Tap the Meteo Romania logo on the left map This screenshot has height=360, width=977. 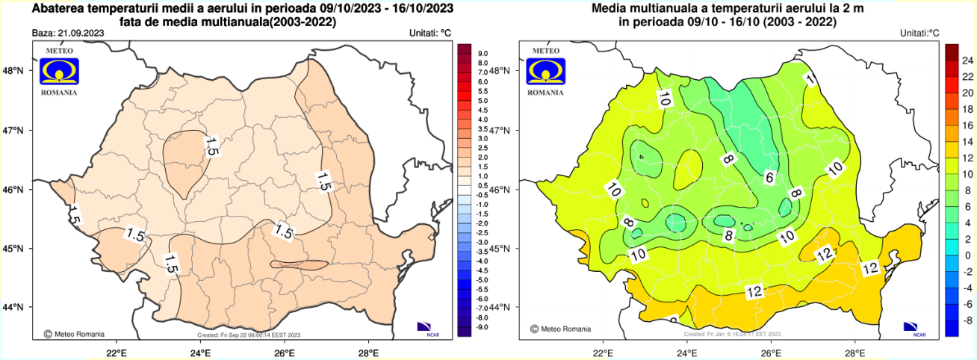[x=58, y=72]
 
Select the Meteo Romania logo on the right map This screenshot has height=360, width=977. [x=545, y=72]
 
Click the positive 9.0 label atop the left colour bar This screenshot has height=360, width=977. [x=483, y=54]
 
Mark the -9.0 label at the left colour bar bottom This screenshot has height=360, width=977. [x=483, y=327]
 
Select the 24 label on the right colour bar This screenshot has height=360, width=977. [x=966, y=60]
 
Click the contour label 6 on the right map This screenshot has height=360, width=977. [x=769, y=178]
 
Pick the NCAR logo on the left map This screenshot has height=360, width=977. [x=424, y=328]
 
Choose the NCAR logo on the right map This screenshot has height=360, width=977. [x=911, y=328]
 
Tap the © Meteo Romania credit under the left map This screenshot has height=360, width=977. [x=75, y=334]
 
